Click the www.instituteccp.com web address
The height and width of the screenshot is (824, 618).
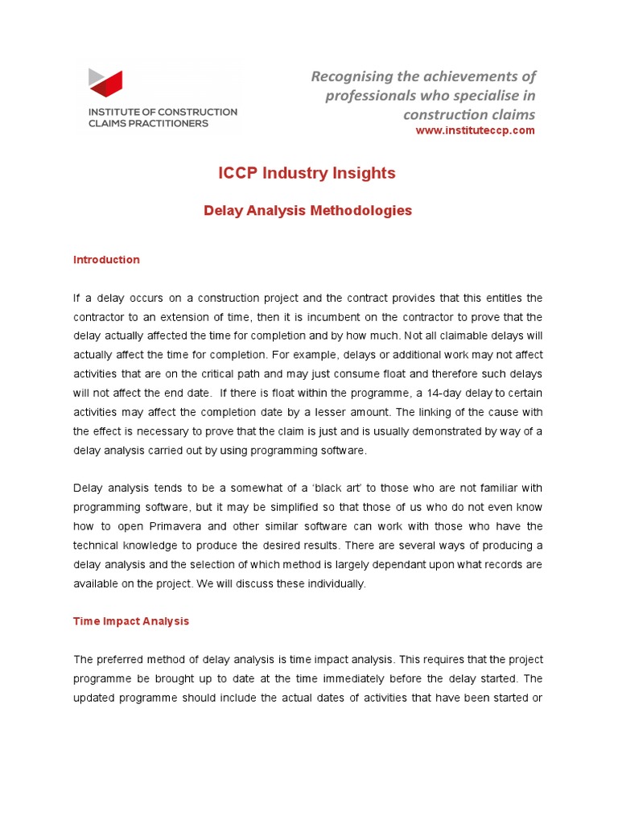475,131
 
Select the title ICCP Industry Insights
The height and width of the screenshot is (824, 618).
307,173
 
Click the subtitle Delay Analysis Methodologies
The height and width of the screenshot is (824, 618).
307,211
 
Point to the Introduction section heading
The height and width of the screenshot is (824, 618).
106,260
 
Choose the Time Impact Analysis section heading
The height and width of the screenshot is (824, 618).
131,621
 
